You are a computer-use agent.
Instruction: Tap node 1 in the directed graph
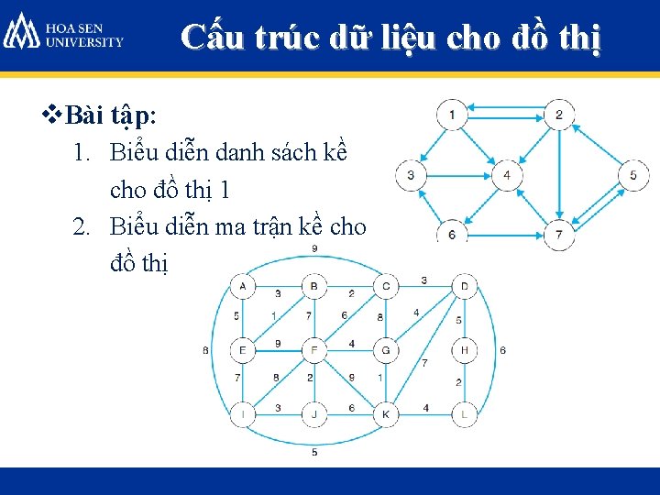(451, 115)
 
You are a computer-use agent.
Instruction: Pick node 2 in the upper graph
(558, 115)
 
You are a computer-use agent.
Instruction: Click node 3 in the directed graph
(411, 174)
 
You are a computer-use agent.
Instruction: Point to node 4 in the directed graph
(507, 174)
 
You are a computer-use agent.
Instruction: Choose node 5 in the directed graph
(633, 174)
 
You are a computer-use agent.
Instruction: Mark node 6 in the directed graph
(451, 235)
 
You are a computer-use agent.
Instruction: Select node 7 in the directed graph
(558, 236)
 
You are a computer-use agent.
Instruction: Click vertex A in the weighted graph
(242, 287)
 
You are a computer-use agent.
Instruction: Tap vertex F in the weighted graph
(314, 350)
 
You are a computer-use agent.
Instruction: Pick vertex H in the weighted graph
(464, 350)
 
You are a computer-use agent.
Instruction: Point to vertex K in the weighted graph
(387, 414)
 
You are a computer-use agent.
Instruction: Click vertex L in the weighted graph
(464, 414)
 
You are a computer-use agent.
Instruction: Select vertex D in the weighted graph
(464, 287)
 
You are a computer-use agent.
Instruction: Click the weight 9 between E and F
(277, 344)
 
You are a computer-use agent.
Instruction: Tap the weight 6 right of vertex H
(503, 350)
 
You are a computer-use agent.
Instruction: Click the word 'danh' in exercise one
(220, 151)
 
